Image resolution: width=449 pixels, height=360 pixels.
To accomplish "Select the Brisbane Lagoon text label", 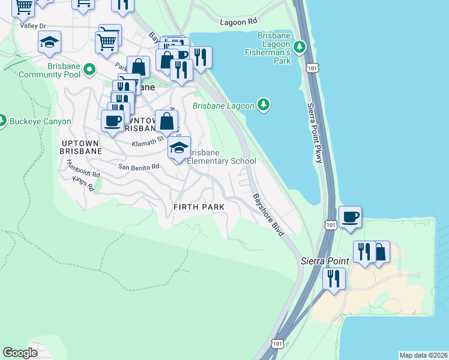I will pos(223,106).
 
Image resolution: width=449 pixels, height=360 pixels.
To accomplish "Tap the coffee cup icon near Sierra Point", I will pos(349,217).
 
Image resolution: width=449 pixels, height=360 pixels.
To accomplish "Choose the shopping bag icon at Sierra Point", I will pos(380,251).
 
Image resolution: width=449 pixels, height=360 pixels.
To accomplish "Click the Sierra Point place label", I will pos(321,262).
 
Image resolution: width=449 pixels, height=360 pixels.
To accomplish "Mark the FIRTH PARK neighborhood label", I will pos(198,207).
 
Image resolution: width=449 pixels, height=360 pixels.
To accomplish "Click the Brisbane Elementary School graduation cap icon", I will pos(179,147).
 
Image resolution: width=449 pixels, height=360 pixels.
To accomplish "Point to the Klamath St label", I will pos(148,140).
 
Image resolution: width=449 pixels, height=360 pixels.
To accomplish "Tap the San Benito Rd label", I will pos(138,167).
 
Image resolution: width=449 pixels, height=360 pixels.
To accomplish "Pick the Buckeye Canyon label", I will pos(40,121).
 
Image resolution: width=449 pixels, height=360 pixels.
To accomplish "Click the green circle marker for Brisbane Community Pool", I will pos(89,70).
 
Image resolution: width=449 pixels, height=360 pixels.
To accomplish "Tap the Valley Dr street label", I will pos(32,26).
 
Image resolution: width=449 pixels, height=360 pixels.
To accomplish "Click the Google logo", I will pos(20,353).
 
